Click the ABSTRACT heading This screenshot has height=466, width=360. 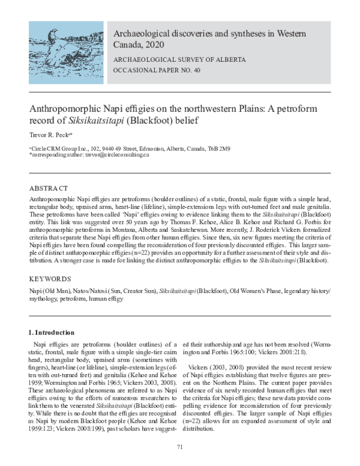pyautogui.click(x=49, y=188)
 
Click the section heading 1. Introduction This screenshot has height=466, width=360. pyautogui.click(x=52, y=332)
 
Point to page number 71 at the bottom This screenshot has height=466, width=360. pyautogui.click(x=179, y=447)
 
